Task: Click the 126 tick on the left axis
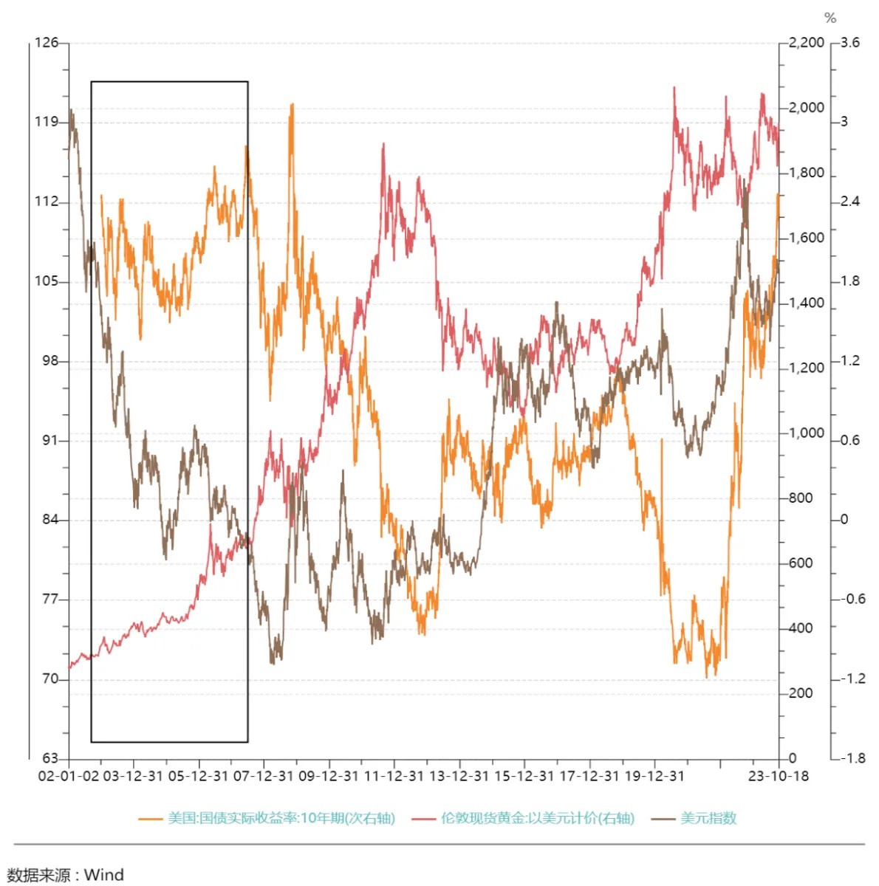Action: click(47, 43)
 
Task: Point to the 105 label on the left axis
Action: click(47, 281)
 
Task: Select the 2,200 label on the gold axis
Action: click(806, 43)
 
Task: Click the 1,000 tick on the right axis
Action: click(806, 433)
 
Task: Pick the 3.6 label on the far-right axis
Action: click(850, 43)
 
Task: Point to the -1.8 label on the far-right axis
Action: click(852, 758)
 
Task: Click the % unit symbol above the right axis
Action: click(830, 18)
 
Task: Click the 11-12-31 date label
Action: click(394, 776)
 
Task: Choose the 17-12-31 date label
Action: click(589, 776)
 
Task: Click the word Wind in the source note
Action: click(103, 875)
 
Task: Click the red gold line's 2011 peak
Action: click(383, 145)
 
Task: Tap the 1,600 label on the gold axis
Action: click(806, 238)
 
